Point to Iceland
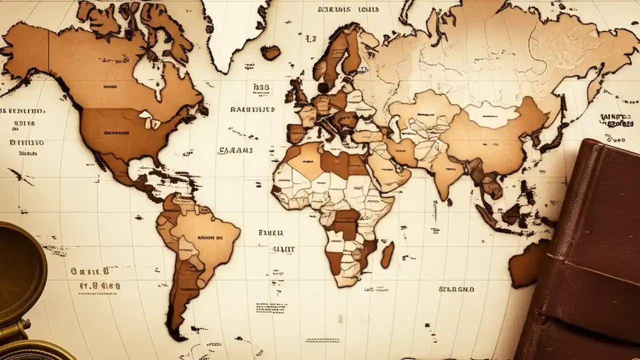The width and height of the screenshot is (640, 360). tap(270, 52)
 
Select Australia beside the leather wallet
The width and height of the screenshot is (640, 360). tap(527, 262)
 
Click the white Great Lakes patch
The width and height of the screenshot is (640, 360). tap(150, 119)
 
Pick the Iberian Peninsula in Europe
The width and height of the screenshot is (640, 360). tap(296, 133)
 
